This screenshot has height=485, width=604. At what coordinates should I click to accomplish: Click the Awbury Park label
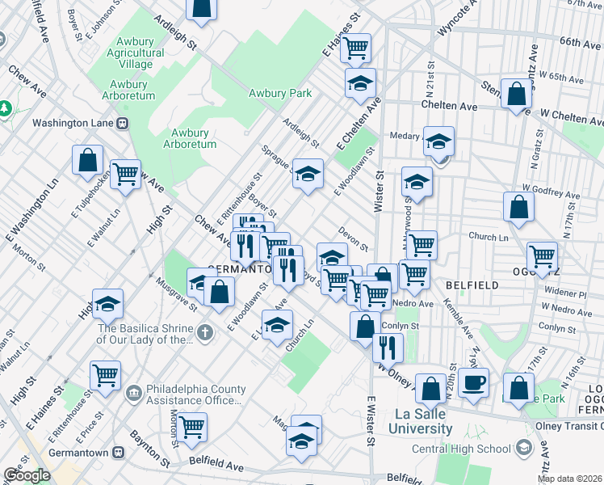pyautogui.click(x=280, y=93)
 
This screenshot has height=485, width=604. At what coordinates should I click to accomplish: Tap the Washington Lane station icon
pyautogui.click(x=123, y=124)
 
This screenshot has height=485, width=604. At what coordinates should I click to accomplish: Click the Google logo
pyautogui.click(x=27, y=475)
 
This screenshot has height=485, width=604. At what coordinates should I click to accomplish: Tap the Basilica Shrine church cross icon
pyautogui.click(x=205, y=332)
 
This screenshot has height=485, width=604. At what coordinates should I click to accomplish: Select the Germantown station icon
pyautogui.click(x=119, y=453)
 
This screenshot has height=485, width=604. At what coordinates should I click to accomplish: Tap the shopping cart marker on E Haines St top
pyautogui.click(x=354, y=48)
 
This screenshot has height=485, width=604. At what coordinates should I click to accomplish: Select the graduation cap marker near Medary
pyautogui.click(x=438, y=141)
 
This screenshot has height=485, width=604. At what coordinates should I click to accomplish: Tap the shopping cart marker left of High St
pyautogui.click(x=125, y=173)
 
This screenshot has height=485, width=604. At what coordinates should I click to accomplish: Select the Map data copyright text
pyautogui.click(x=570, y=479)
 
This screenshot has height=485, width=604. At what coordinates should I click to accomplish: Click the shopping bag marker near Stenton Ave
pyautogui.click(x=515, y=94)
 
